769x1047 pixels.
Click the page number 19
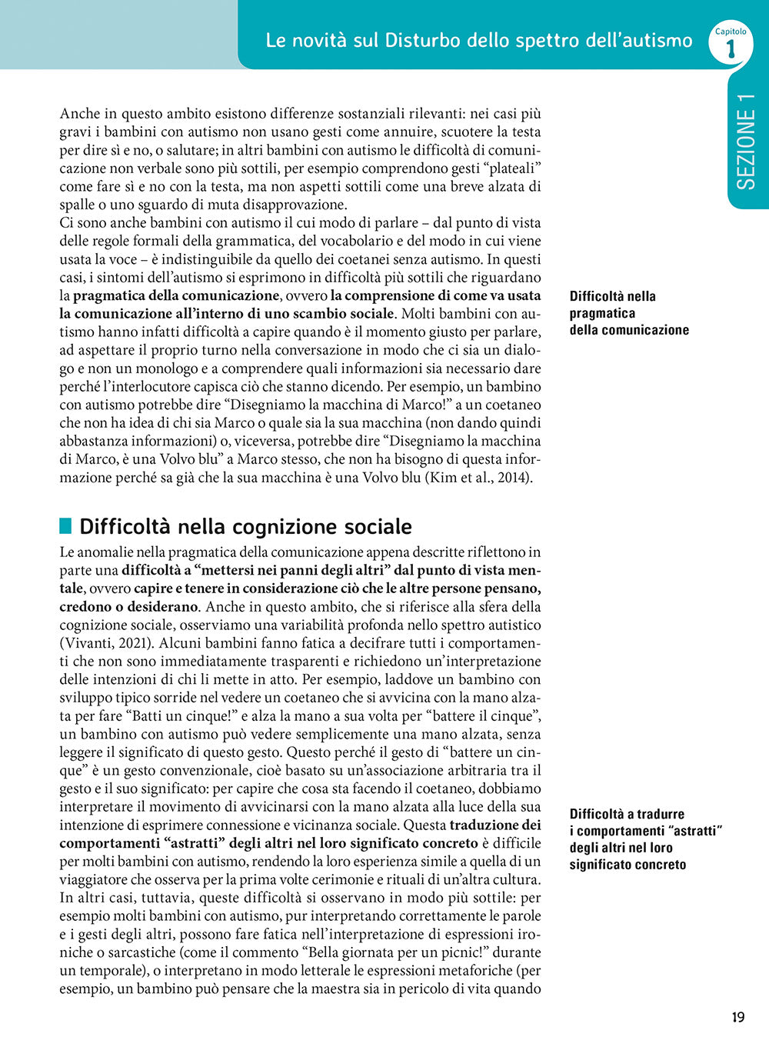[737, 1017]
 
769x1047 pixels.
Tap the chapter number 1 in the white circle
[730, 48]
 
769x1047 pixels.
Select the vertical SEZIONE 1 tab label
[746, 142]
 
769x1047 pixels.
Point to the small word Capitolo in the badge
[731, 32]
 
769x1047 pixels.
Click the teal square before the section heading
[65, 526]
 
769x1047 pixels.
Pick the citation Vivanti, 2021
[108, 643]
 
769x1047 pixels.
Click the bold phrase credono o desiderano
[129, 607]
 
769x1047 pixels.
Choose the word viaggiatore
[97, 880]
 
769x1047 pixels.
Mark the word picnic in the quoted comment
[431, 953]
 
